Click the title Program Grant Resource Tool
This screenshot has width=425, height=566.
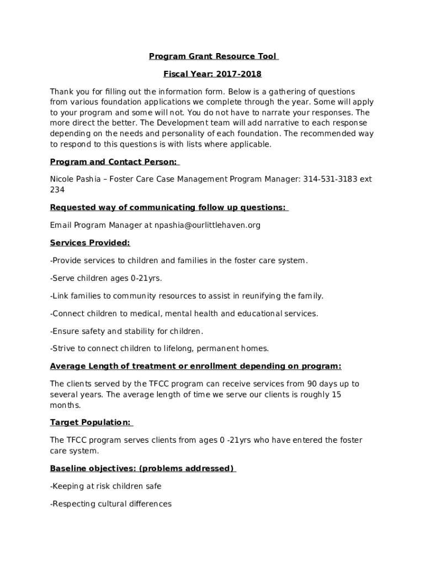tap(212, 56)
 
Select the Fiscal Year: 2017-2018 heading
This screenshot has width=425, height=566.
tap(212, 74)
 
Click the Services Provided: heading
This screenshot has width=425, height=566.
tap(90, 243)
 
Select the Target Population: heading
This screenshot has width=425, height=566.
tap(91, 422)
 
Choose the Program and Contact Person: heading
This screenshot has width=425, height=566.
tap(114, 161)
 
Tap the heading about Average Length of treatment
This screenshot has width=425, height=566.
tap(195, 366)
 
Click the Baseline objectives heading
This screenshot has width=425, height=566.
tap(142, 469)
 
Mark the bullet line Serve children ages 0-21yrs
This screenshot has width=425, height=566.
tap(106, 278)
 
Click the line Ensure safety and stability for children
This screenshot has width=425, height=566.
tap(126, 331)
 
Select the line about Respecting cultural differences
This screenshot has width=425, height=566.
tap(111, 504)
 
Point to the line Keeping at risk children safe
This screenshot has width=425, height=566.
tap(105, 486)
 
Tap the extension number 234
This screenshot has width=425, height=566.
tap(57, 190)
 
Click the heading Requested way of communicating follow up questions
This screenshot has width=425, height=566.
tap(168, 207)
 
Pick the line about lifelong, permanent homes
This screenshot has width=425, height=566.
tap(160, 348)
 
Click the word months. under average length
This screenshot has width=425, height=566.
tap(65, 405)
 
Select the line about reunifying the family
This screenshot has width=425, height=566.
tap(187, 296)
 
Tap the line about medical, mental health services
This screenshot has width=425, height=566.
tap(184, 313)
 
